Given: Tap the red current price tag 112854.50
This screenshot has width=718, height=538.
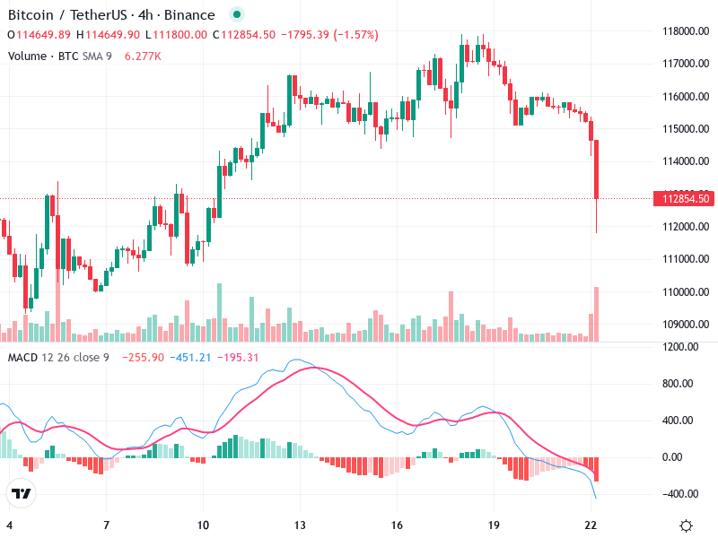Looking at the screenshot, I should [x=686, y=199].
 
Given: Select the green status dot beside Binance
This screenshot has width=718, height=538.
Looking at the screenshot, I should [x=235, y=15].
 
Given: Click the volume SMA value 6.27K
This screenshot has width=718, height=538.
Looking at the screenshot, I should [x=143, y=56].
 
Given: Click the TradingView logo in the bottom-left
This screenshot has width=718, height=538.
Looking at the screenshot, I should [x=21, y=494].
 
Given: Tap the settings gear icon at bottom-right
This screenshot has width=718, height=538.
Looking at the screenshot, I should [x=687, y=525].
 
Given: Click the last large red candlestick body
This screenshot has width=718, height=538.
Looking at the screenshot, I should [x=596, y=169].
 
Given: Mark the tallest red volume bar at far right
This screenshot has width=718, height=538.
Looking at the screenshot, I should [x=596, y=314].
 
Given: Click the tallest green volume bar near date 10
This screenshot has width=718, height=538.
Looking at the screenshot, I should [x=218, y=313].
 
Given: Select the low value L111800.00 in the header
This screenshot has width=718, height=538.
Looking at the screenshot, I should [x=177, y=35].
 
